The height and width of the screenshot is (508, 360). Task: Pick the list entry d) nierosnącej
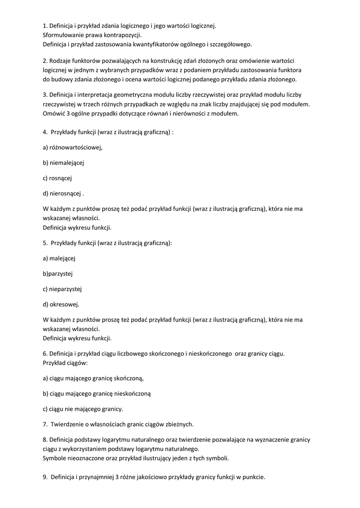[63, 193]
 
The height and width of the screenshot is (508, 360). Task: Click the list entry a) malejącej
[59, 258]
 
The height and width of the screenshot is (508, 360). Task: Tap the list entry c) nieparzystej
[62, 289]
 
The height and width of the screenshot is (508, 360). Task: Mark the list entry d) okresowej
[61, 304]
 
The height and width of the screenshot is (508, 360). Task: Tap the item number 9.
[45, 477]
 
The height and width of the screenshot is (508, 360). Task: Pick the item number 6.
[45, 354]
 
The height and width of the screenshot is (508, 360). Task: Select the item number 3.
[45, 95]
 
